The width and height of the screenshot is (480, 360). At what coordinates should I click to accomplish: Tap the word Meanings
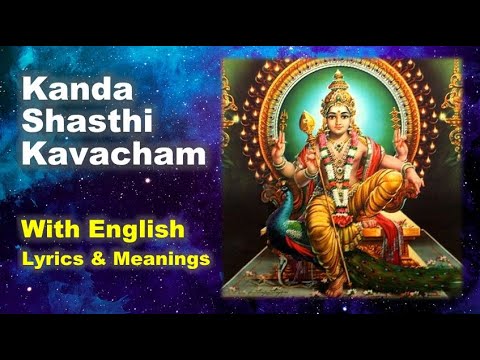164,258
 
